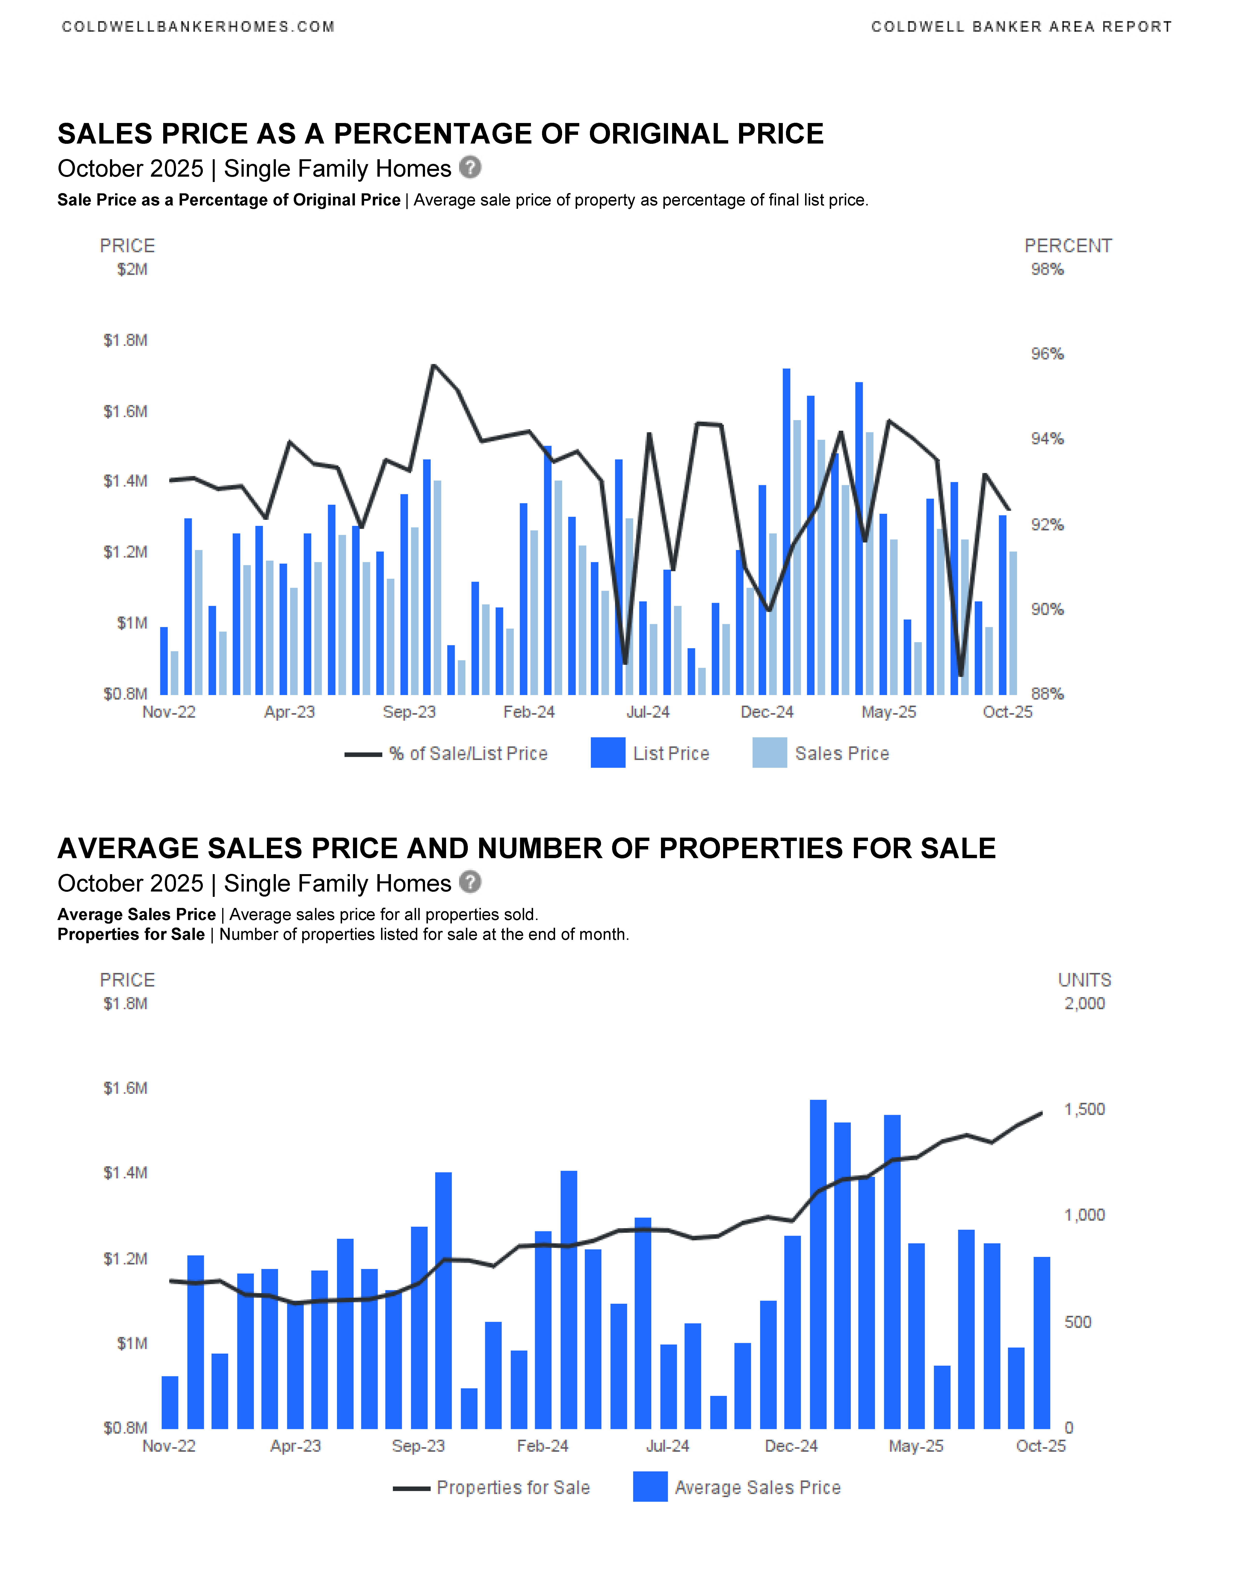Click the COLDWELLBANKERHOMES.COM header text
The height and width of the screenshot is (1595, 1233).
click(x=198, y=27)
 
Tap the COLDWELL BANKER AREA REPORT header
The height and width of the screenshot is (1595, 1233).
click(x=1021, y=27)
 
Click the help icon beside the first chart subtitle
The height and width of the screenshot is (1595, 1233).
click(x=470, y=168)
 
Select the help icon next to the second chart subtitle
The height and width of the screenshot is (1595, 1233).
click(x=470, y=882)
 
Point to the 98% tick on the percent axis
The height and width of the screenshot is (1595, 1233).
click(x=1047, y=269)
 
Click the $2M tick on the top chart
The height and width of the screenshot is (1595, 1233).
click(x=132, y=269)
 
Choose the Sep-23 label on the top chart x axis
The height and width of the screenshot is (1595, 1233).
click(x=409, y=712)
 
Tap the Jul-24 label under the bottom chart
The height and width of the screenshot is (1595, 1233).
click(x=667, y=1446)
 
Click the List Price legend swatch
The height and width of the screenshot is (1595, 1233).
click(x=608, y=753)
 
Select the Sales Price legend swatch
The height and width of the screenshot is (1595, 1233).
click(x=769, y=753)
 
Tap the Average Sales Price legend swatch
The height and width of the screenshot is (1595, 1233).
click(x=650, y=1487)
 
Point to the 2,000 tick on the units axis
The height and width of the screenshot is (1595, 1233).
click(x=1084, y=1003)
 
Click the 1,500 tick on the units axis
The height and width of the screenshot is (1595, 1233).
click(x=1084, y=1109)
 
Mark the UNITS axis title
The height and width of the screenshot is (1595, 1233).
click(x=1084, y=980)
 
